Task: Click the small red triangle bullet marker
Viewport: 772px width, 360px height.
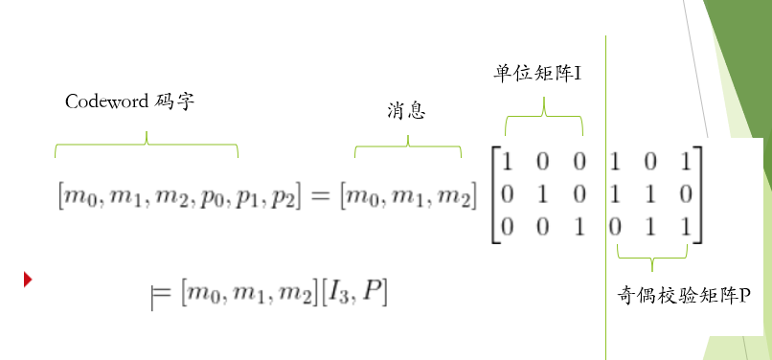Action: point(29,280)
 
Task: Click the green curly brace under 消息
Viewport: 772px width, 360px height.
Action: point(408,146)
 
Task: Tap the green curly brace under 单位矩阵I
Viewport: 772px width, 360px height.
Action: point(544,118)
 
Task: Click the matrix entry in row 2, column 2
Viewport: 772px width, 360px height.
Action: point(543,195)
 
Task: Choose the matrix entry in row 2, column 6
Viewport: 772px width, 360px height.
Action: point(686,195)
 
